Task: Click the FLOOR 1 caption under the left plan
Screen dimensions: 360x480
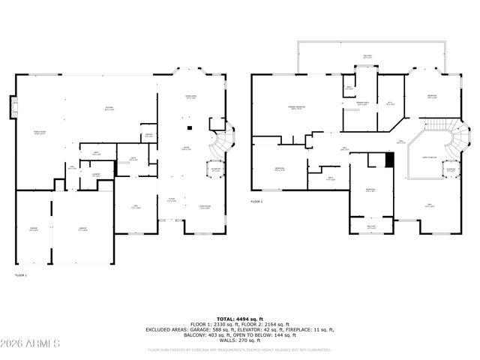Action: pyautogui.click(x=21, y=276)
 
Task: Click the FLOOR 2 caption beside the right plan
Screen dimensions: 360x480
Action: pyautogui.click(x=257, y=202)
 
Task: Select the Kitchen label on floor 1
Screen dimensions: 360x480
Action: pyautogui.click(x=109, y=109)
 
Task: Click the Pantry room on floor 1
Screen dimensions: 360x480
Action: pyautogui.click(x=149, y=136)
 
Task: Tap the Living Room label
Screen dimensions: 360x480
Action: pyautogui.click(x=204, y=207)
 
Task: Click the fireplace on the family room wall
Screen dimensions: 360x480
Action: pyautogui.click(x=12, y=108)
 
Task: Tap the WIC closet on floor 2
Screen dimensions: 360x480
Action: pyautogui.click(x=390, y=103)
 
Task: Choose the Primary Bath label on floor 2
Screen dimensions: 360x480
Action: pyautogui.click(x=363, y=103)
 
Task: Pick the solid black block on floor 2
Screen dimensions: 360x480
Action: pyautogui.click(x=388, y=160)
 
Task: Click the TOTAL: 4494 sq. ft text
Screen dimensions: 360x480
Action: pyautogui.click(x=240, y=318)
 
